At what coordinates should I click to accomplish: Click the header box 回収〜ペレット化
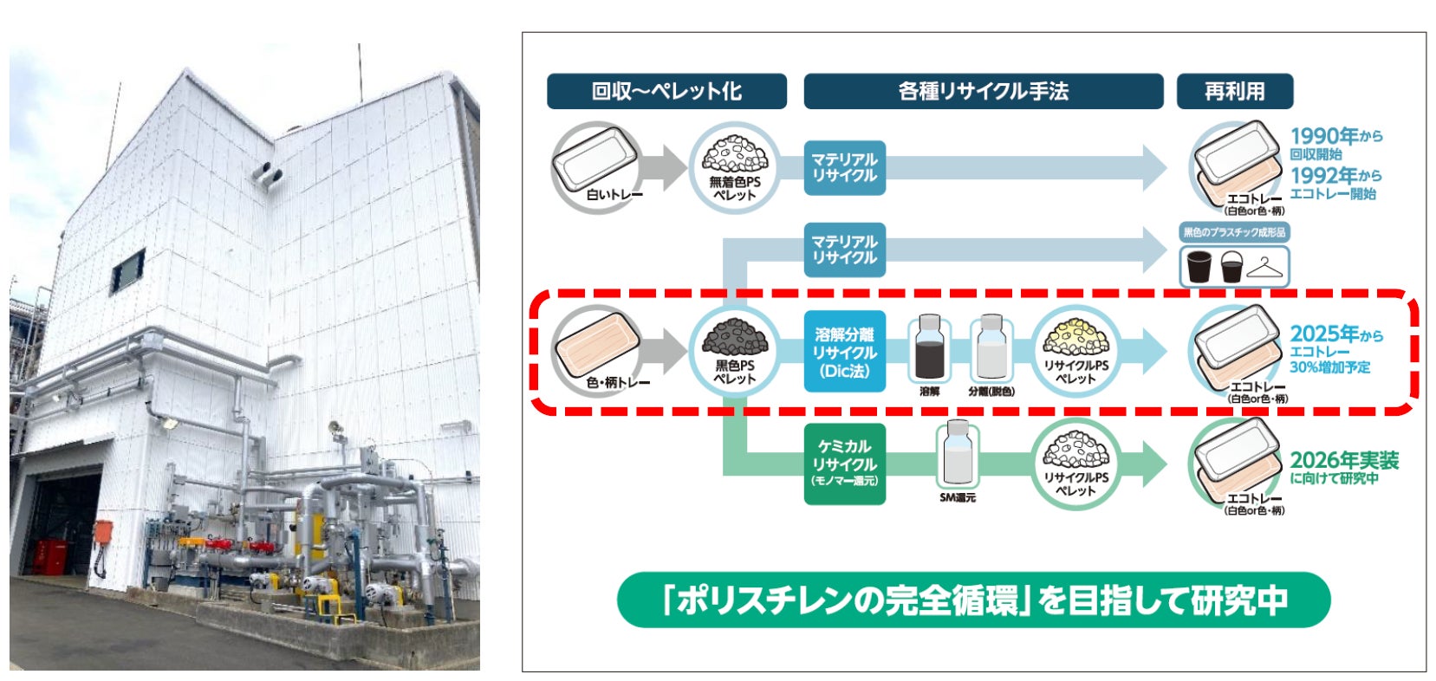click(x=666, y=91)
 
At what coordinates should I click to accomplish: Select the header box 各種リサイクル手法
click(x=983, y=91)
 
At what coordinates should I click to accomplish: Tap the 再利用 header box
click(x=1234, y=91)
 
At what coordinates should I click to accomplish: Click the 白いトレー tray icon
click(x=596, y=165)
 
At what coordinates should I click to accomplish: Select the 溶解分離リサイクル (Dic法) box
click(x=844, y=352)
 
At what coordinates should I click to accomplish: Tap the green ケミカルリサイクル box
click(x=844, y=463)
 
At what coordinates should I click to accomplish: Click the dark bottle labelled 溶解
click(x=929, y=348)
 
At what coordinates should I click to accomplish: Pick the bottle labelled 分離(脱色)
click(x=991, y=348)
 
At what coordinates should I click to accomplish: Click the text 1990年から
click(x=1335, y=136)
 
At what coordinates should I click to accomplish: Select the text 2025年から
click(x=1335, y=334)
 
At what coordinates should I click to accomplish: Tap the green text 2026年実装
click(x=1344, y=460)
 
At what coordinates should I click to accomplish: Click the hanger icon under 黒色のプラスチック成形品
click(x=1266, y=269)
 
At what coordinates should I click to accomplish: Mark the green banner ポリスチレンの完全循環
click(x=973, y=600)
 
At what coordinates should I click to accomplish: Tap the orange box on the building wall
click(x=102, y=531)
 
